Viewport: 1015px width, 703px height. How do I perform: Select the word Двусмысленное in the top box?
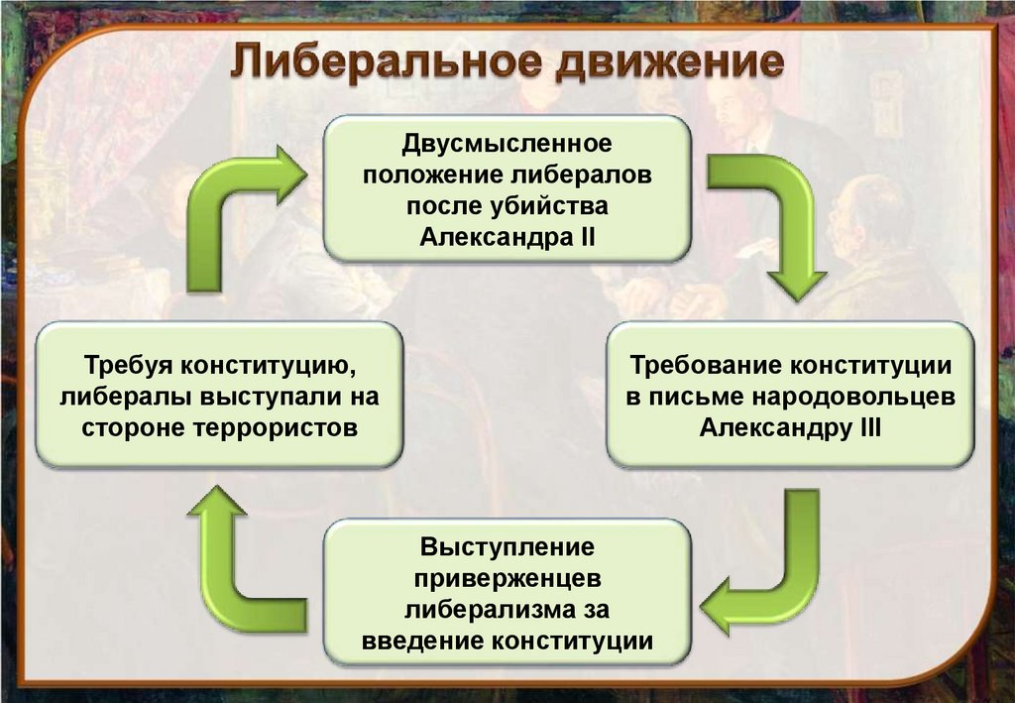[x=507, y=145]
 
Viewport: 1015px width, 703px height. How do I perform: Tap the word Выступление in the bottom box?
[x=507, y=547]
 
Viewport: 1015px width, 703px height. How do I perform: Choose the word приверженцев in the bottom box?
[x=507, y=577]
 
